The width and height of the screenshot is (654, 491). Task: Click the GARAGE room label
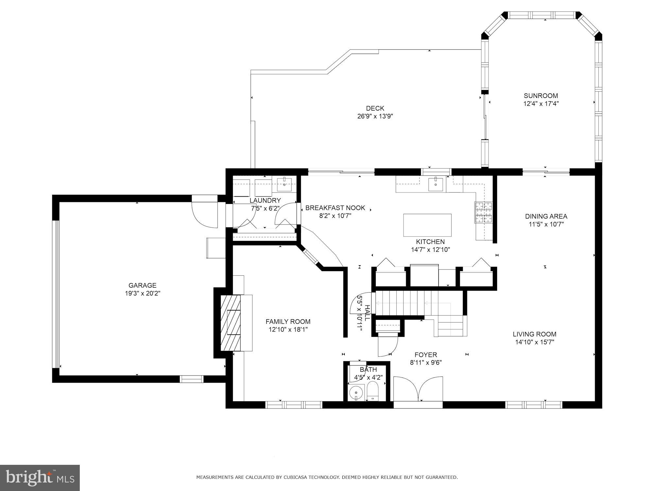tap(142, 285)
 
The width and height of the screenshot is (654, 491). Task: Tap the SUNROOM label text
tap(541, 96)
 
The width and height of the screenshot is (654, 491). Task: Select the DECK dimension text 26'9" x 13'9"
tap(375, 116)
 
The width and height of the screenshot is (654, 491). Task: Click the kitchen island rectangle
tap(427, 225)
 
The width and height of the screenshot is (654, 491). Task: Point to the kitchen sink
tap(437, 184)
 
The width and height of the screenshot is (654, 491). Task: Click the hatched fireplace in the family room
tap(231, 323)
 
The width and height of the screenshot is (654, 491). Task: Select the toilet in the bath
tap(372, 392)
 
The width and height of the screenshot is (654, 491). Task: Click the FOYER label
tap(426, 355)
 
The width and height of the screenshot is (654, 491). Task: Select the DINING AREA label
tap(546, 216)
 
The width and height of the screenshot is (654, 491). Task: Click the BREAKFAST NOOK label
tap(335, 208)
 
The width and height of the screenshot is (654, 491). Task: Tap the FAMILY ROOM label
tap(288, 322)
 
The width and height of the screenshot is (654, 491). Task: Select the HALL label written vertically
tap(367, 313)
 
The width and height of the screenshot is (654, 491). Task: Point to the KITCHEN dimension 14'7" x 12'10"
tap(430, 250)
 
